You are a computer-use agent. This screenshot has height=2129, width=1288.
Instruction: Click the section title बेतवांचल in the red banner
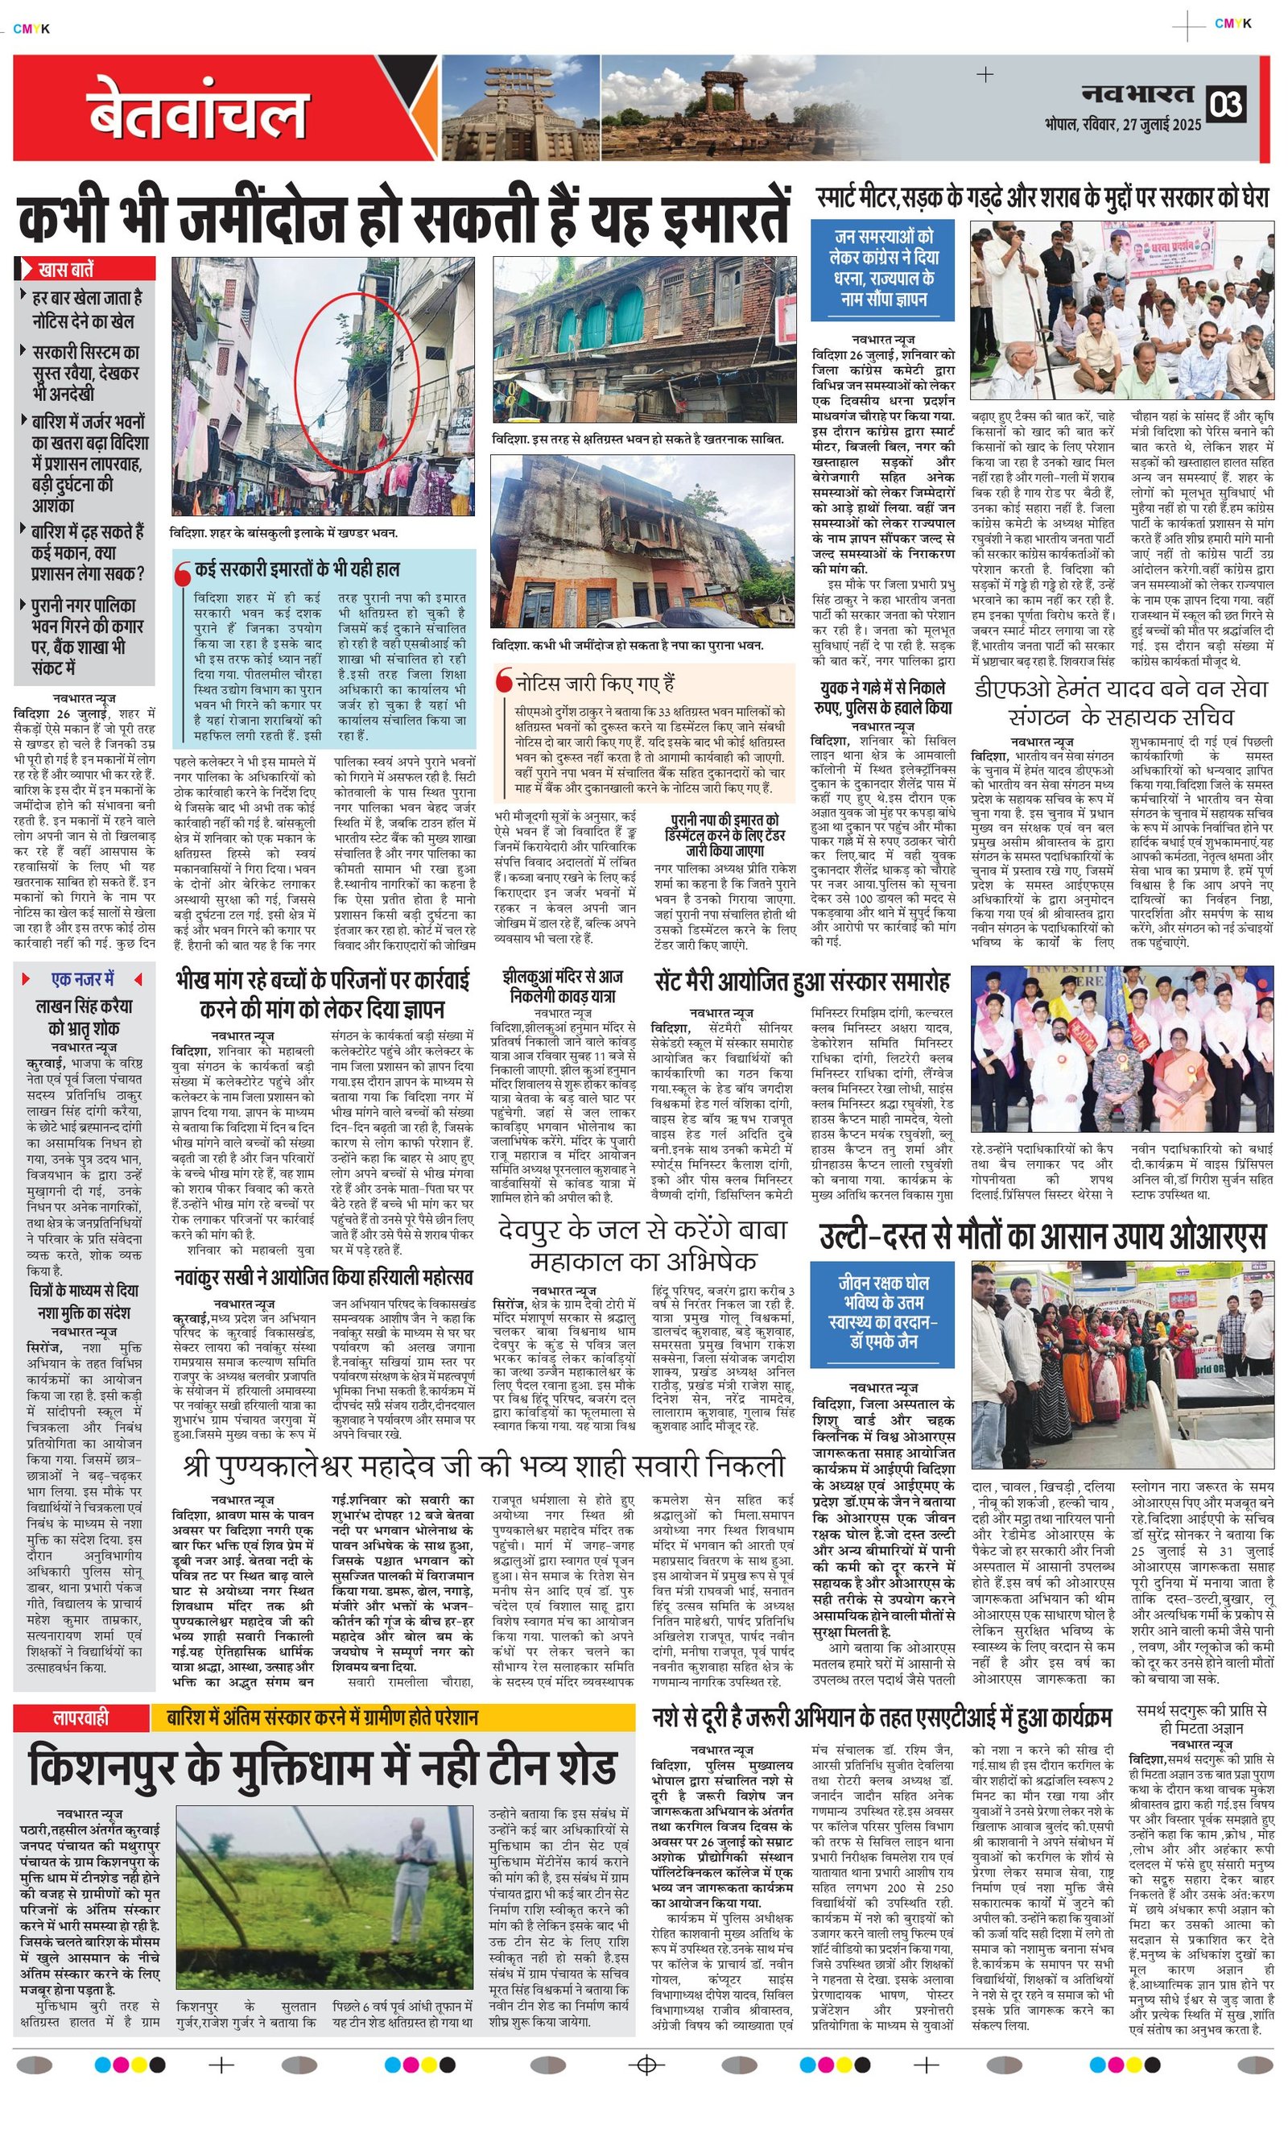[x=197, y=110]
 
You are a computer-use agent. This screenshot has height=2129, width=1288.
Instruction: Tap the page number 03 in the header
[x=1226, y=105]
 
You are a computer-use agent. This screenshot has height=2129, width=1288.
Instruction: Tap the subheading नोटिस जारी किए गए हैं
[x=595, y=683]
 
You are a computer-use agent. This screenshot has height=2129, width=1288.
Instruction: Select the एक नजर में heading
[x=84, y=979]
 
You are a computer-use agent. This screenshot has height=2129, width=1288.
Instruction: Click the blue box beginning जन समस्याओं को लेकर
[x=883, y=269]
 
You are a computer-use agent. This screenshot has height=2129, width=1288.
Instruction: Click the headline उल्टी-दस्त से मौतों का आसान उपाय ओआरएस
[x=1042, y=1237]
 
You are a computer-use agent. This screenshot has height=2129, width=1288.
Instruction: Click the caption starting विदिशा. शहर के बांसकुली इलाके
[x=285, y=532]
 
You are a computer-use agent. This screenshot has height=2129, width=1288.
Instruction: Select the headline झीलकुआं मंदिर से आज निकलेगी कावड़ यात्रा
[x=563, y=986]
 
